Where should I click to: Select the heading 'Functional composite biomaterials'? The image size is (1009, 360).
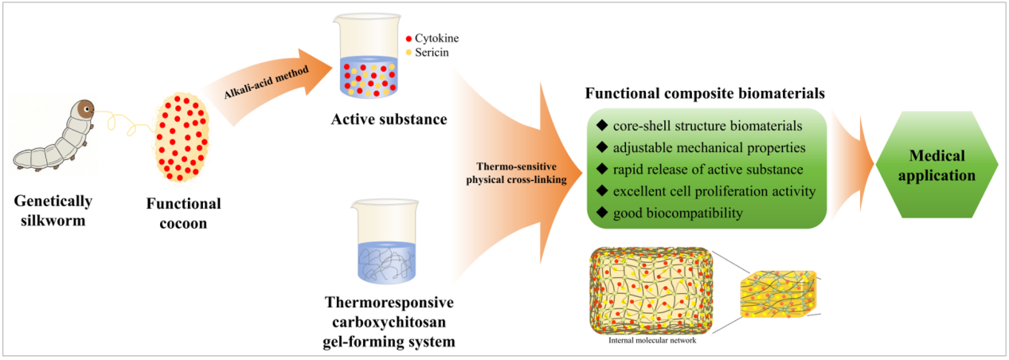click(705, 93)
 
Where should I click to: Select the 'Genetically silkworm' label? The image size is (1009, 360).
click(54, 209)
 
